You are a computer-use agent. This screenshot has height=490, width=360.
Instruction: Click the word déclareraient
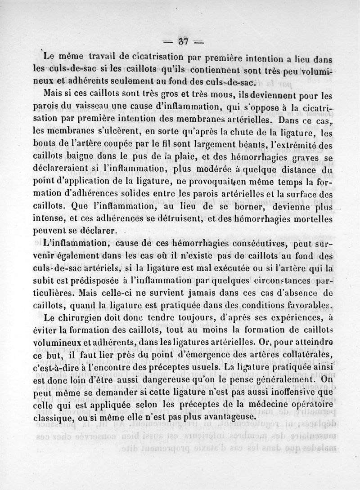pyautogui.click(x=65, y=169)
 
